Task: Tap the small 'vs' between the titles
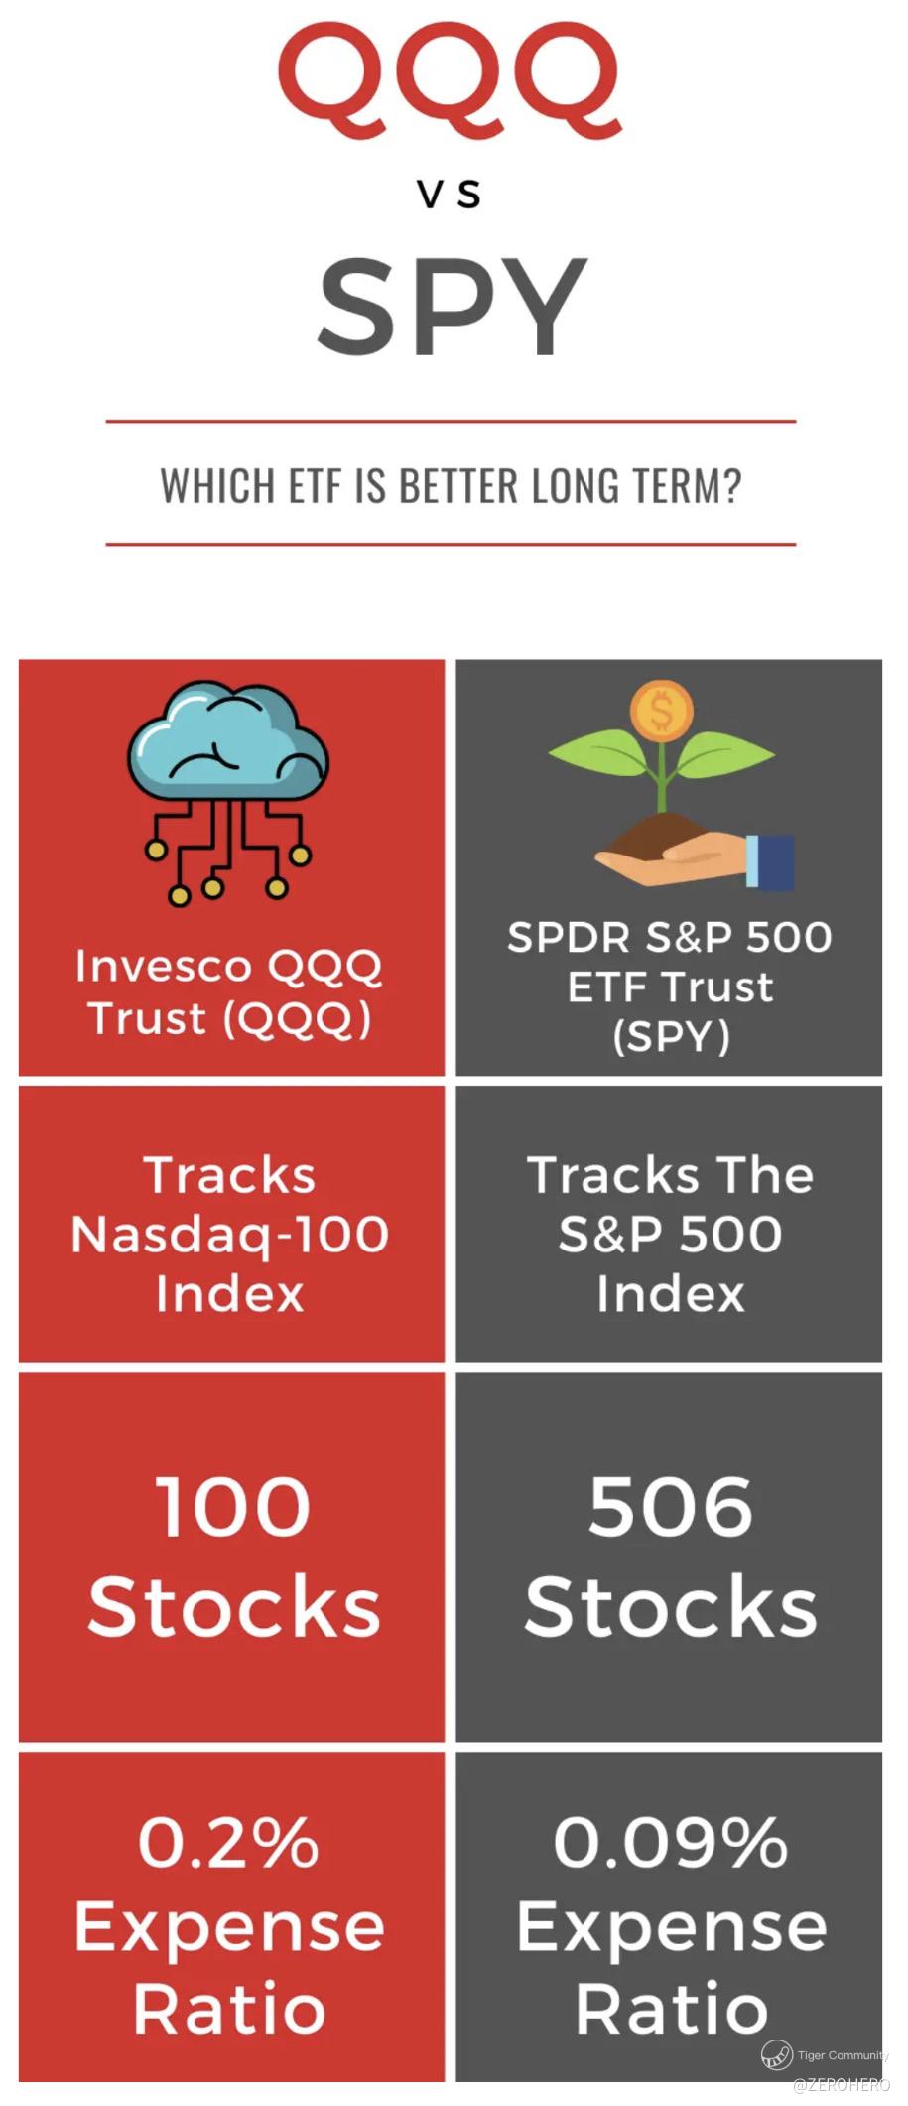click(450, 194)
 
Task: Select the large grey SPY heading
click(453, 306)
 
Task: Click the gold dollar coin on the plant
click(661, 710)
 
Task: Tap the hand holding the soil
click(695, 859)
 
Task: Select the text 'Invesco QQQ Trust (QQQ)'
click(229, 992)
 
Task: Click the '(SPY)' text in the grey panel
click(671, 1038)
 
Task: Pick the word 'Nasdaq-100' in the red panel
click(229, 1236)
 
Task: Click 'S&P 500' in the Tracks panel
click(670, 1234)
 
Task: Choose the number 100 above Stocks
click(232, 1507)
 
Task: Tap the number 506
click(670, 1507)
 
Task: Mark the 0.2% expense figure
click(228, 1842)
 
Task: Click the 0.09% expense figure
click(671, 1842)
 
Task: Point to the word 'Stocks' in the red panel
click(234, 1606)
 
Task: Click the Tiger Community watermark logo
click(776, 2054)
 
